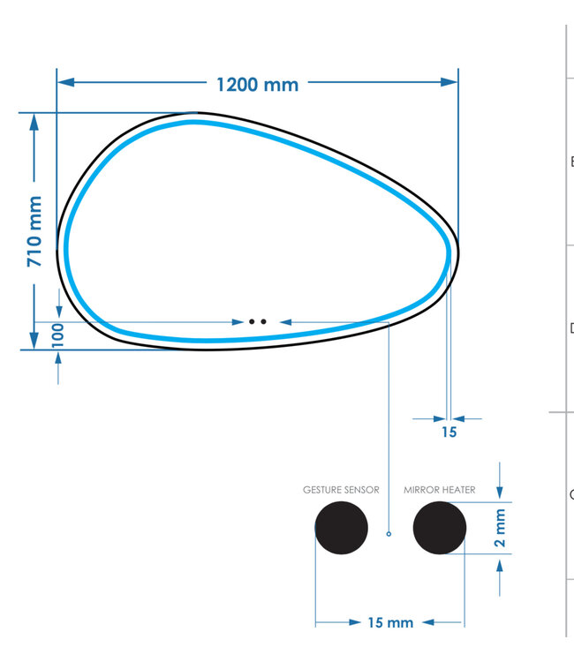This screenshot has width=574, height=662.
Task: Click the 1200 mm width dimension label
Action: (x=257, y=84)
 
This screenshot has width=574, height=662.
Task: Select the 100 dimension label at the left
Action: (x=58, y=336)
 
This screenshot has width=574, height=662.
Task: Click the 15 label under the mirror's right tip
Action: (x=449, y=432)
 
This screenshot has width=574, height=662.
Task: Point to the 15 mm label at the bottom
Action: (x=389, y=622)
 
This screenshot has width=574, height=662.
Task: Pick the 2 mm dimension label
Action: (x=501, y=528)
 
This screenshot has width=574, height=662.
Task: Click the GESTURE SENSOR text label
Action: (x=341, y=489)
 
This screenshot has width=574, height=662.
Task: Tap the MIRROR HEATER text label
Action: (x=440, y=489)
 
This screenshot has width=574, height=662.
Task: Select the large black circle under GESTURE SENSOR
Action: (x=341, y=528)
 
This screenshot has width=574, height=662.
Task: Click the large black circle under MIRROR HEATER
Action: (x=439, y=528)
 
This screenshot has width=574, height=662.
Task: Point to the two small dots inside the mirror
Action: (x=257, y=322)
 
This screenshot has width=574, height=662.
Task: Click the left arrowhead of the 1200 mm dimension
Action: (x=64, y=82)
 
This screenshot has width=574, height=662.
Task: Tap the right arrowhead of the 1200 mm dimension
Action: (x=451, y=82)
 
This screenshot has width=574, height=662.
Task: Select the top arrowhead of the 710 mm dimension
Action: (x=34, y=120)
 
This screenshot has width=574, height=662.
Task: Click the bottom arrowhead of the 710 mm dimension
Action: (x=34, y=341)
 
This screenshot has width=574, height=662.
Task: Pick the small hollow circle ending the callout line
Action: (x=389, y=533)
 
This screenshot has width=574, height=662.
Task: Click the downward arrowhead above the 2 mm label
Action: (x=501, y=494)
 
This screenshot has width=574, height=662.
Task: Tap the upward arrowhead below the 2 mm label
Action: (x=501, y=562)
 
